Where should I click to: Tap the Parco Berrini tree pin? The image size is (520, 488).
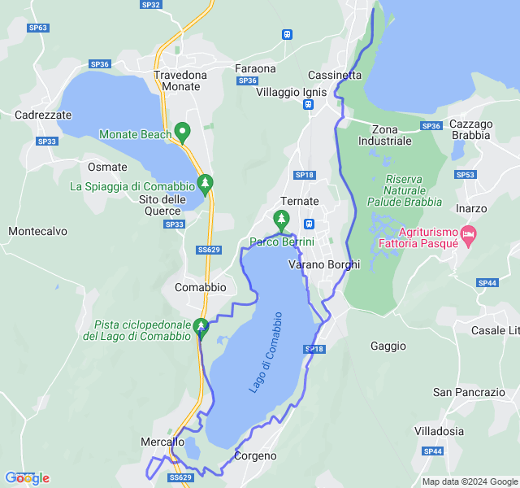pyautogui.click(x=281, y=218)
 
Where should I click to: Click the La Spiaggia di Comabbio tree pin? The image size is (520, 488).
pyautogui.click(x=206, y=183)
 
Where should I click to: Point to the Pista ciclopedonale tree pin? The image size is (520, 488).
pyautogui.click(x=200, y=327)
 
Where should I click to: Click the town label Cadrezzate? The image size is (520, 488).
pyautogui.click(x=43, y=115)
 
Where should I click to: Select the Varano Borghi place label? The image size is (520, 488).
pyautogui.click(x=324, y=264)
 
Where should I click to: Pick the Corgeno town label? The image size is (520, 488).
pyautogui.click(x=255, y=456)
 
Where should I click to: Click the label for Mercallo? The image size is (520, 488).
pyautogui.click(x=161, y=442)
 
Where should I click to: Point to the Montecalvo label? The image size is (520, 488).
pyautogui.click(x=37, y=231)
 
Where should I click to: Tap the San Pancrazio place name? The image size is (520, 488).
pyautogui.click(x=469, y=392)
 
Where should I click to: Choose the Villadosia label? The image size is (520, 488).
pyautogui.click(x=439, y=431)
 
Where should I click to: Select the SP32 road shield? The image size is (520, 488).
pyautogui.click(x=150, y=5)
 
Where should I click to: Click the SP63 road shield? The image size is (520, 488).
pyautogui.click(x=37, y=28)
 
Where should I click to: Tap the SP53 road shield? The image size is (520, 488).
pyautogui.click(x=466, y=175)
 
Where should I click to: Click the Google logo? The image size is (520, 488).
pyautogui.click(x=27, y=478)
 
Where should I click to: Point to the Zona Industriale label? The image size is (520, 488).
pyautogui.click(x=391, y=135)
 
